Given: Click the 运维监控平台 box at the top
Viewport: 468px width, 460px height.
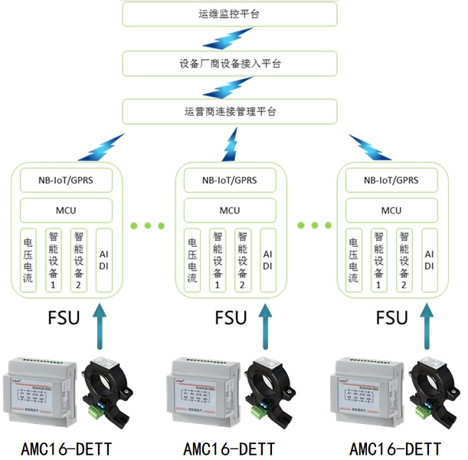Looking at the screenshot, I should click(x=230, y=13).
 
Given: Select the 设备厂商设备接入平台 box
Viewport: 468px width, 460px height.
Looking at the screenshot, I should click(x=230, y=62).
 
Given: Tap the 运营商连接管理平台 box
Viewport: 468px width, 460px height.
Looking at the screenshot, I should click(x=230, y=111).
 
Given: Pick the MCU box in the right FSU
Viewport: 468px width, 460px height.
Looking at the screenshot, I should click(x=391, y=209).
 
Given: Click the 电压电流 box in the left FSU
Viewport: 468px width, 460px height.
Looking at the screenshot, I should click(x=28, y=260).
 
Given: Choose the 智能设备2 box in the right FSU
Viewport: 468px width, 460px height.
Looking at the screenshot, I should click(x=404, y=260).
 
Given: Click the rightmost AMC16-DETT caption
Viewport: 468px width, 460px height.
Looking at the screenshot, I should click(x=394, y=448).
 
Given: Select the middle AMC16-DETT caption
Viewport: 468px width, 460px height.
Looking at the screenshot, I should click(x=229, y=448).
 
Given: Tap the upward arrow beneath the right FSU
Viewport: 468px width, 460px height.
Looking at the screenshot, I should click(x=427, y=326).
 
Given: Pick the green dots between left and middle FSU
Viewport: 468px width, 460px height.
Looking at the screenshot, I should click(x=148, y=225).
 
